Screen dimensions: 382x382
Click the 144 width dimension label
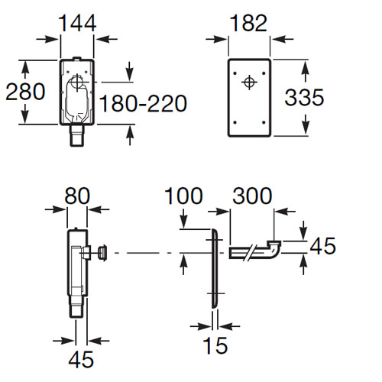(77, 23)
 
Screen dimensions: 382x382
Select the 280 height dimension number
(25, 92)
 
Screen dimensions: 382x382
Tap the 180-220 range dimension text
(143, 103)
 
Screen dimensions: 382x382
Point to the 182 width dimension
(248, 23)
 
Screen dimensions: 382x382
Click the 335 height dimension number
(304, 97)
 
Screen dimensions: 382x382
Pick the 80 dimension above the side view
(77, 196)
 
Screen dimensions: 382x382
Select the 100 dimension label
(183, 196)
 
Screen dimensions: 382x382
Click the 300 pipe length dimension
(252, 196)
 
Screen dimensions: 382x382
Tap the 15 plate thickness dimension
(215, 345)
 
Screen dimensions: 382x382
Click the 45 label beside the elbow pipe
(322, 246)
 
